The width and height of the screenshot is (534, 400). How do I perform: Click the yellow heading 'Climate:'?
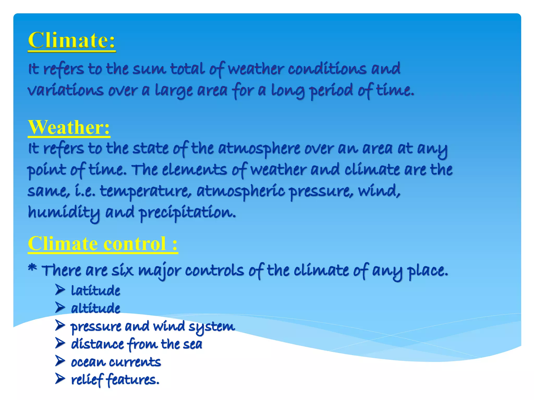pyautogui.click(x=71, y=41)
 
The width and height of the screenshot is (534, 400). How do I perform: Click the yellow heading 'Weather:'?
pyautogui.click(x=69, y=127)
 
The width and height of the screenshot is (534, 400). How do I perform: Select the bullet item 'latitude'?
pyautogui.click(x=95, y=290)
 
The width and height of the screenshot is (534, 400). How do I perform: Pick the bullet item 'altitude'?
pyautogui.click(x=95, y=308)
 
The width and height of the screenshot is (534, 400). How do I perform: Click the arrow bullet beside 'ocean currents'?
pyautogui.click(x=60, y=361)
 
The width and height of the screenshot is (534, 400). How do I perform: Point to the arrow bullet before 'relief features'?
pyautogui.click(x=60, y=379)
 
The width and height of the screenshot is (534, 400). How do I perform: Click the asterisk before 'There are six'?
pyautogui.click(x=32, y=268)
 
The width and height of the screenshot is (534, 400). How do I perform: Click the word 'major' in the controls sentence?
pyautogui.click(x=159, y=271)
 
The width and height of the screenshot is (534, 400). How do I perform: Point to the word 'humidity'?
pyautogui.click(x=64, y=213)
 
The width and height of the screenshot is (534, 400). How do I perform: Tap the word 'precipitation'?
pyautogui.click(x=187, y=213)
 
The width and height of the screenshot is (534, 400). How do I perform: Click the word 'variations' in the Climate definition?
pyautogui.click(x=65, y=90)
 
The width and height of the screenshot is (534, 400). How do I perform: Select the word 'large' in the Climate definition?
pyautogui.click(x=174, y=91)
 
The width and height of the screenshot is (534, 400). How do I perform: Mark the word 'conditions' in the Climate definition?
pyautogui.click(x=327, y=69)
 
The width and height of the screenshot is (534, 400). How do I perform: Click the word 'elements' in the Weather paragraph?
pyautogui.click(x=194, y=170)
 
